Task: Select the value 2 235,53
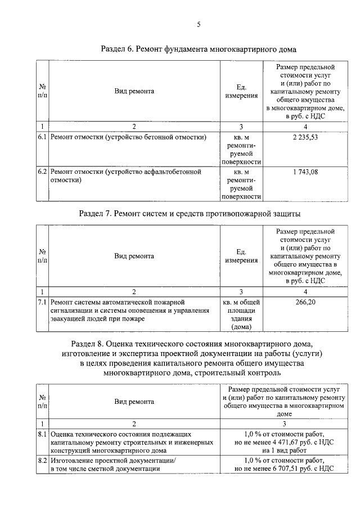[x=305, y=137]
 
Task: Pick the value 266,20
[x=305, y=302]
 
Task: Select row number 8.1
[x=42, y=434]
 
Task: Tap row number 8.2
[x=42, y=461]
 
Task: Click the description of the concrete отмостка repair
[x=128, y=137]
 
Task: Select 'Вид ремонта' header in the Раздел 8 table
[x=134, y=402]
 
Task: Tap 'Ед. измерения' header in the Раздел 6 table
[x=241, y=91]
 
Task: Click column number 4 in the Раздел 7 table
[x=305, y=291]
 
